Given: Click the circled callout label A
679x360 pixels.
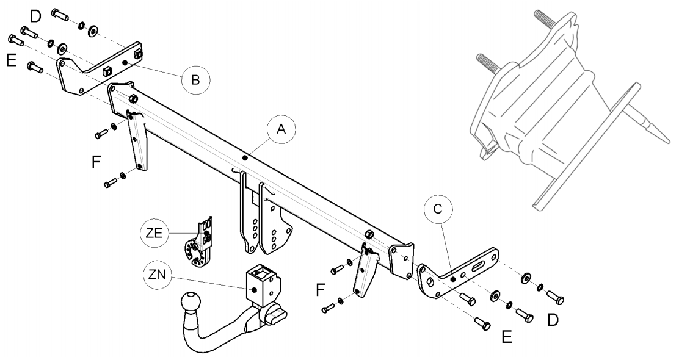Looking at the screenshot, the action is [x=281, y=129].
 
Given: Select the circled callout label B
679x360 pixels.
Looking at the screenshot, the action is [x=196, y=80].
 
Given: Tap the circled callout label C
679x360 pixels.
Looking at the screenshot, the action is [x=438, y=209].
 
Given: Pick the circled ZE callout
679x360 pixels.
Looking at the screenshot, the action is [x=154, y=233].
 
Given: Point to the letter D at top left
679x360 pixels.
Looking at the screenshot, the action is [x=35, y=16].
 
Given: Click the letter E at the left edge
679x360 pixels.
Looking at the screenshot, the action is [x=12, y=60].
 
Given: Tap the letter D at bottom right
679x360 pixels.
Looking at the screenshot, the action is [x=553, y=320].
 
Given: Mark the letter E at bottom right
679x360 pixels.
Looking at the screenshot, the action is [x=507, y=337].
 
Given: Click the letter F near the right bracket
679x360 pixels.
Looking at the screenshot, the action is [x=320, y=289].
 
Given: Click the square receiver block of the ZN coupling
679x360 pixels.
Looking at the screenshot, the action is [x=263, y=283].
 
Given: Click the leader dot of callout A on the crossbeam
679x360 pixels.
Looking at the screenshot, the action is [x=245, y=158].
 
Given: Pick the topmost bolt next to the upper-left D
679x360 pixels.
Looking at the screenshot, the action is [x=60, y=13].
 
